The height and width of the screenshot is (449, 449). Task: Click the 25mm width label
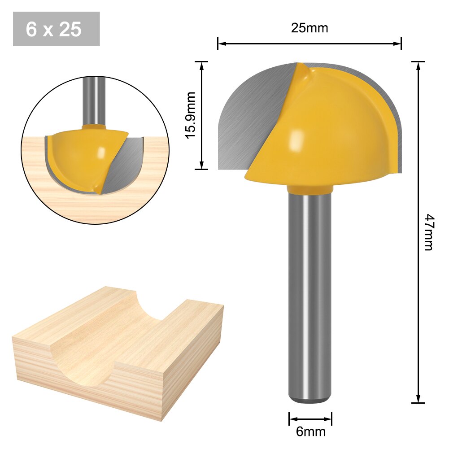[x=310, y=28]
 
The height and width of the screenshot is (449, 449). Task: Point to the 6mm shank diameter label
[x=310, y=432]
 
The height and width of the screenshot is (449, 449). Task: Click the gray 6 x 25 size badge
[x=56, y=29]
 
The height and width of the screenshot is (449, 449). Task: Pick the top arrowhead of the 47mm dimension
[x=418, y=65]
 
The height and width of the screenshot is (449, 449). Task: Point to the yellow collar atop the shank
[x=310, y=191]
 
